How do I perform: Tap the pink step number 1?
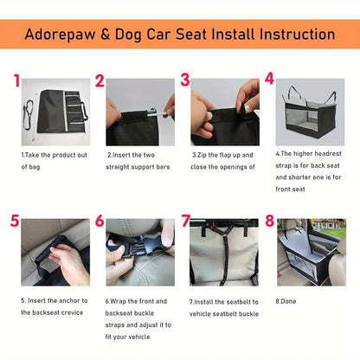click(x=16, y=81)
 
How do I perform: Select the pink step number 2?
click(x=100, y=81)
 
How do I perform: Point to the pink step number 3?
click(x=185, y=81)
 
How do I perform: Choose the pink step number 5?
click(x=15, y=222)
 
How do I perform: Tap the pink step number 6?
click(x=100, y=222)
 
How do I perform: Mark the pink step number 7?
click(x=185, y=222)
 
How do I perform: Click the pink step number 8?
click(x=269, y=222)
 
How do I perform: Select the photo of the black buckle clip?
click(x=138, y=252)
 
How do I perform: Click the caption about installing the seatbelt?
click(x=223, y=307)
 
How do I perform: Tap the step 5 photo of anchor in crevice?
click(x=55, y=252)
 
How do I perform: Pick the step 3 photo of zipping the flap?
click(x=224, y=111)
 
